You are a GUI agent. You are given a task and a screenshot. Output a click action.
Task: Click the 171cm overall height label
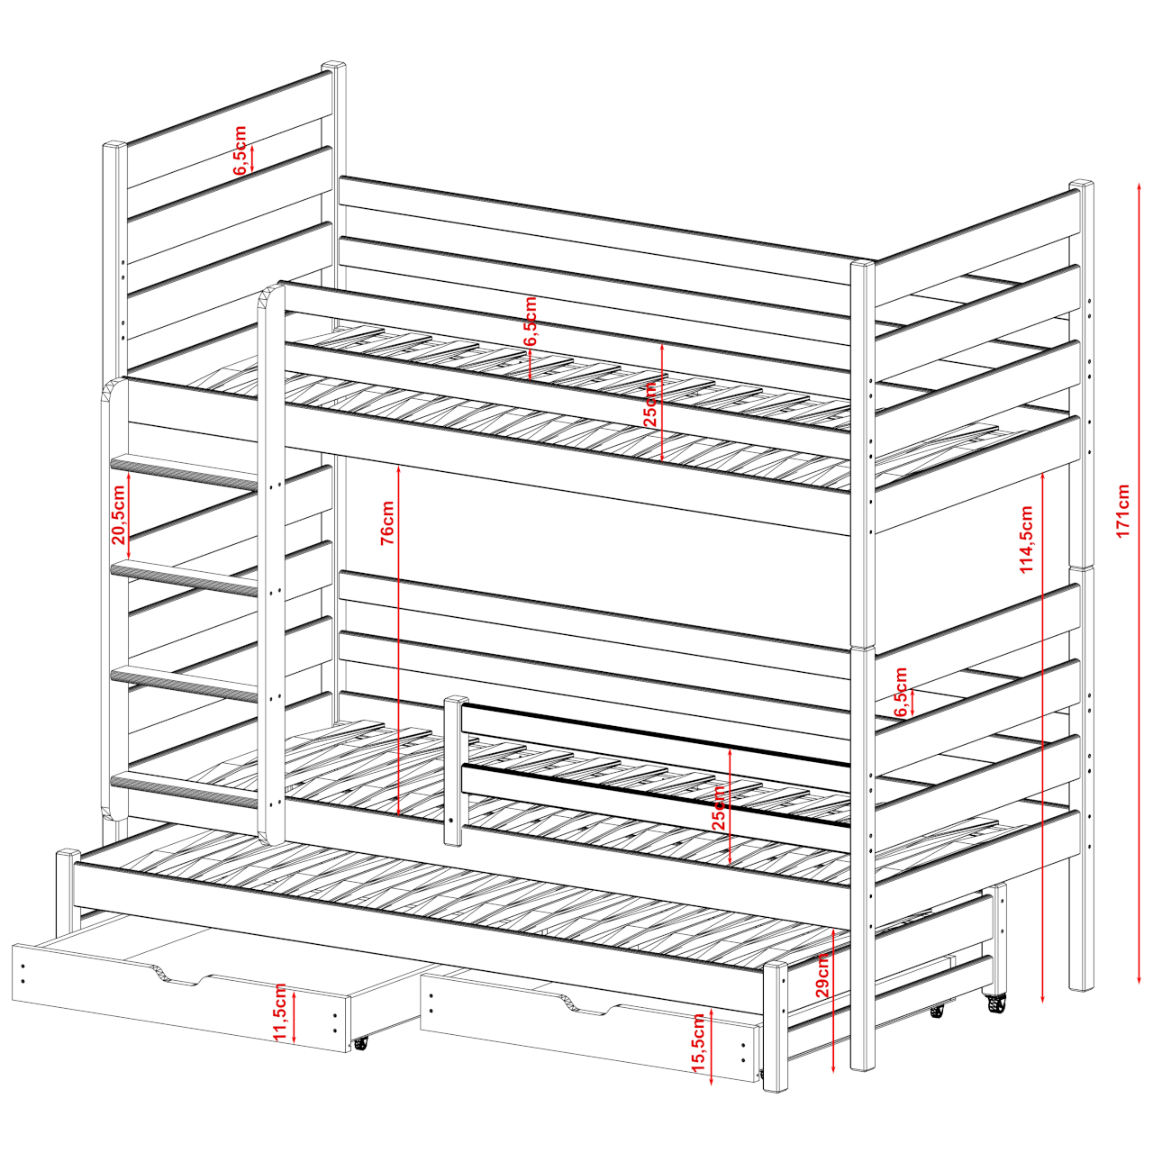pyautogui.click(x=1123, y=509)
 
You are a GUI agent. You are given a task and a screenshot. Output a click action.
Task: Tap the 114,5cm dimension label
pyautogui.click(x=1027, y=539)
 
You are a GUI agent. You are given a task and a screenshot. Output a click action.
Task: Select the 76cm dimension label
pyautogui.click(x=387, y=522)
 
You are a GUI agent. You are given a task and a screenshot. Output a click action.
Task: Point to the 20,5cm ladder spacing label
pyautogui.click(x=119, y=514)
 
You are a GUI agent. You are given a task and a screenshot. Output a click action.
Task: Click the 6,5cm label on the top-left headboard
pyautogui.click(x=240, y=150)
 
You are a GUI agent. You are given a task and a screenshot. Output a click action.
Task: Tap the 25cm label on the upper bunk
pyautogui.click(x=649, y=404)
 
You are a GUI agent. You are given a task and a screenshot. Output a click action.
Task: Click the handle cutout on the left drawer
pyautogui.click(x=179, y=976)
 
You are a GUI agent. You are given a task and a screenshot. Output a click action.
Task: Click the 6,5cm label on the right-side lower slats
pyautogui.click(x=901, y=692)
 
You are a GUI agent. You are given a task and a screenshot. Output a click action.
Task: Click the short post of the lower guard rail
pyautogui.click(x=454, y=770)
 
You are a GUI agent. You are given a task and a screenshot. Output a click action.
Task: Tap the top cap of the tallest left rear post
pyautogui.click(x=334, y=65)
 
